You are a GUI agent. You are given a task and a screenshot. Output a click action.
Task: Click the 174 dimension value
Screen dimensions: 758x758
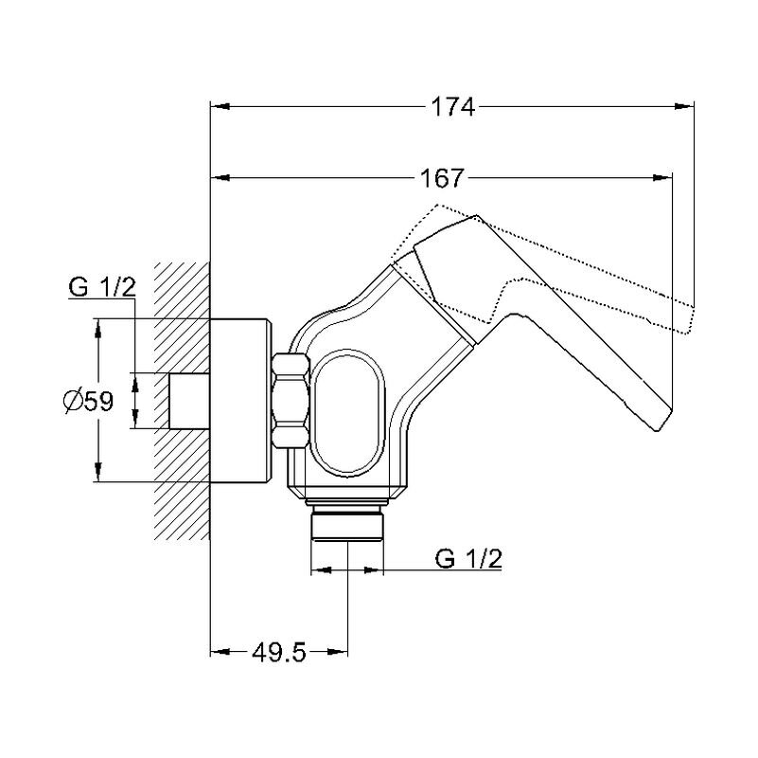[x=453, y=106]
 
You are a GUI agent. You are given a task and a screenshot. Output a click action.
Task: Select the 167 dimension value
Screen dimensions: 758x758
[x=442, y=178]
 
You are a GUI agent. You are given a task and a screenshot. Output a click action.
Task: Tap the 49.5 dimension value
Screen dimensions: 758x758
[x=279, y=653]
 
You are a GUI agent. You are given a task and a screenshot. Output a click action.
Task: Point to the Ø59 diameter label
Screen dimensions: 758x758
[x=89, y=401]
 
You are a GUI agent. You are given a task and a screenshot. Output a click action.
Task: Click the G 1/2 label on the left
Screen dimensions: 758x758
[x=102, y=287]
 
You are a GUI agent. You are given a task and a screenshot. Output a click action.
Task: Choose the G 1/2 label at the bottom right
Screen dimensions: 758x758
[x=468, y=558]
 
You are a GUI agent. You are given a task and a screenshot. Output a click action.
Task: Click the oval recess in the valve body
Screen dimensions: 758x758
[x=347, y=412]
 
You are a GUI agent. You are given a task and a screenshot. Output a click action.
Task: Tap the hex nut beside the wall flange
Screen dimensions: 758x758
[x=291, y=400]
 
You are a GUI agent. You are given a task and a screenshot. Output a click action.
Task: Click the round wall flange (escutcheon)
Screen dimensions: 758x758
[x=238, y=400]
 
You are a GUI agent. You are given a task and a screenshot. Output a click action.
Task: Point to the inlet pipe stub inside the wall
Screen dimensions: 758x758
[x=189, y=401]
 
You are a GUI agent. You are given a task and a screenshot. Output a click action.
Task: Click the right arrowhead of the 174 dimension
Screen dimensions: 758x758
[x=684, y=106]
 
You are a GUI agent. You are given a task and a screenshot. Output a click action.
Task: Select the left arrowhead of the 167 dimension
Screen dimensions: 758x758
[x=220, y=178]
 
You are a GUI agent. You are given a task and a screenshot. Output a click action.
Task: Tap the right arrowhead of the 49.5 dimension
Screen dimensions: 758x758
[x=339, y=653]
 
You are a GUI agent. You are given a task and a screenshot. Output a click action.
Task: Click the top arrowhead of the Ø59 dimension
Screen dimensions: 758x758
[x=98, y=328]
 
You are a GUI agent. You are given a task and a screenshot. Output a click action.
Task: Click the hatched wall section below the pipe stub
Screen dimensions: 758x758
[x=183, y=485]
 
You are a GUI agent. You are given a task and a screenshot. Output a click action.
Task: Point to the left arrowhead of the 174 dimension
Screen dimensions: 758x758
[x=220, y=106]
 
